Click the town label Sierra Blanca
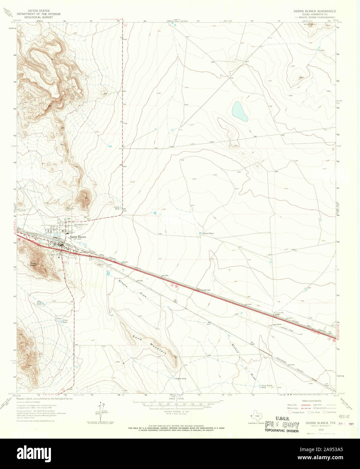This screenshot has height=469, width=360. tap(78, 237)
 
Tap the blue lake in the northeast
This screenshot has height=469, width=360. tap(240, 111)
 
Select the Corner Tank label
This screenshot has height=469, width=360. tap(116, 208)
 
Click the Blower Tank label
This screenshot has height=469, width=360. tap(208, 233)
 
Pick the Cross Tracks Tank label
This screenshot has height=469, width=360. tap(267, 386)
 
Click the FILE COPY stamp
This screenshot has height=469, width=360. tap(282, 425)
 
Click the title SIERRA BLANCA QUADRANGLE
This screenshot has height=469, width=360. tap(314, 11)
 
